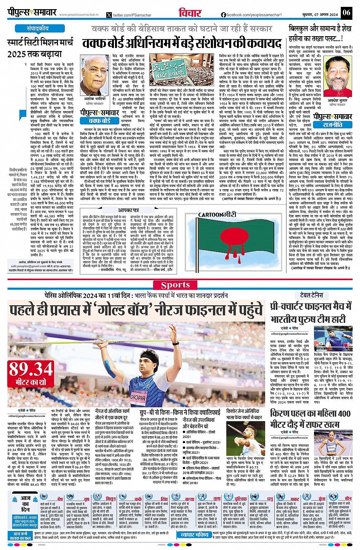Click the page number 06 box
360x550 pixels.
[x=346, y=13]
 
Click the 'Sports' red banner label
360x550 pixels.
[x=175, y=285]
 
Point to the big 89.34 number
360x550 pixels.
[x=31, y=369]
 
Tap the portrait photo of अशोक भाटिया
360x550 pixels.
[x=94, y=75]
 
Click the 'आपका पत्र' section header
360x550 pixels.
[x=128, y=210]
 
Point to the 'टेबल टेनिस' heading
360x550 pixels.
[x=311, y=295]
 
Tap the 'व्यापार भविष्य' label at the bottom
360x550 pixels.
[x=195, y=535]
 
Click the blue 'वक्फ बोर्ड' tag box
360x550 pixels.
[x=99, y=121]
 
